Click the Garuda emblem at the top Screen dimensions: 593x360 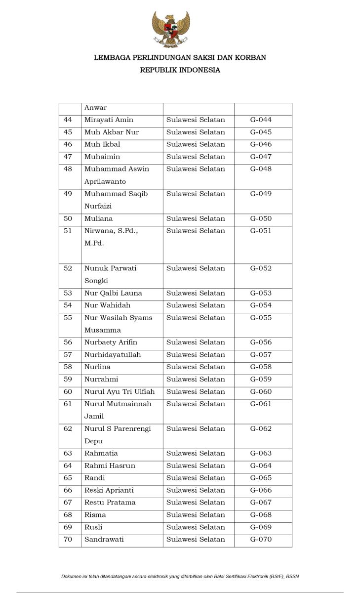click(x=171, y=29)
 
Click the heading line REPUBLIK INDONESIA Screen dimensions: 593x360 click(x=180, y=70)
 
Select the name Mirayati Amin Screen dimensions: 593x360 click(x=109, y=120)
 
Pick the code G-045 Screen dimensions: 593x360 click(x=261, y=132)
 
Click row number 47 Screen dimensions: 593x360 click(x=68, y=157)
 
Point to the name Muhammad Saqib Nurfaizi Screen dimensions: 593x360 click(x=116, y=200)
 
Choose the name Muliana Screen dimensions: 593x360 click(x=98, y=218)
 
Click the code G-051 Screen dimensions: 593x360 click(x=261, y=231)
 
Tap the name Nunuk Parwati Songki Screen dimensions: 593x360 click(x=111, y=274)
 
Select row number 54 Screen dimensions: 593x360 click(x=68, y=305)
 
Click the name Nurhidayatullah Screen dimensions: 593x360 click(x=113, y=355)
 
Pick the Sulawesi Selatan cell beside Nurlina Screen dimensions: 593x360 click(x=196, y=367)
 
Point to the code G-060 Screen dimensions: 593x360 click(x=261, y=392)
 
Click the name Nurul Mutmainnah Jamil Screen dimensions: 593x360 click(x=118, y=410)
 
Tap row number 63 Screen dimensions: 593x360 click(x=68, y=453)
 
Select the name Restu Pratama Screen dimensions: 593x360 click(x=110, y=503)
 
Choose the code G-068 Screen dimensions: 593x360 click(x=261, y=515)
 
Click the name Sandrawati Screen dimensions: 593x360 click(x=104, y=540)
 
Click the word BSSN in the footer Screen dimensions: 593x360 click(x=292, y=576)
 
